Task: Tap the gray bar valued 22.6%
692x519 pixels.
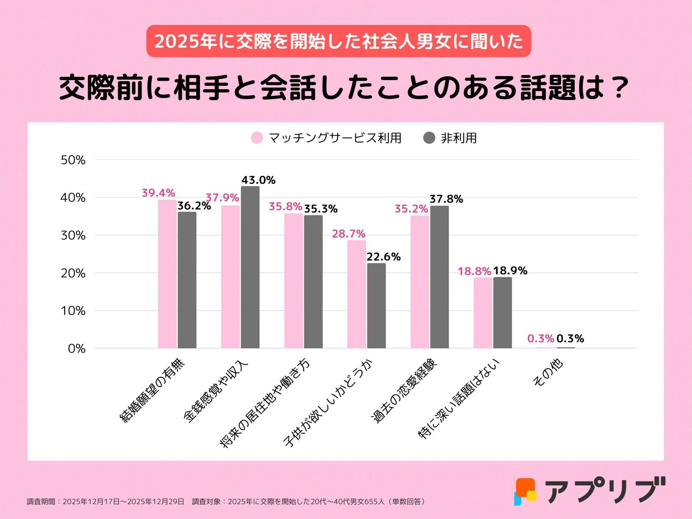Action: pyautogui.click(x=376, y=306)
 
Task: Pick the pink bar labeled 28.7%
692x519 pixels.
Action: pyautogui.click(x=356, y=294)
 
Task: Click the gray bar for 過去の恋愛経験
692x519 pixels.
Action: pyautogui.click(x=439, y=277)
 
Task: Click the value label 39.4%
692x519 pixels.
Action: pyautogui.click(x=158, y=193)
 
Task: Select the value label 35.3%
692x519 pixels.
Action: pyautogui.click(x=321, y=209)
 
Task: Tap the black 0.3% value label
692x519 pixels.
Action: pyautogui.click(x=570, y=338)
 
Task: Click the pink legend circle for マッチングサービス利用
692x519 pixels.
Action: pyautogui.click(x=257, y=138)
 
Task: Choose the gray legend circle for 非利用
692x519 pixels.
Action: pyautogui.click(x=429, y=138)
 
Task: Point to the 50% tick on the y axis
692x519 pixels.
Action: pyautogui.click(x=73, y=160)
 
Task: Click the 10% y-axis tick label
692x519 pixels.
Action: pyautogui.click(x=73, y=311)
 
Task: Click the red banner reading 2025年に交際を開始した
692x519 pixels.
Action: pyautogui.click(x=338, y=41)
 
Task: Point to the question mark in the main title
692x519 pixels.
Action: pyautogui.click(x=620, y=87)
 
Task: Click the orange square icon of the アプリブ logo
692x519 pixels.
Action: pyautogui.click(x=525, y=486)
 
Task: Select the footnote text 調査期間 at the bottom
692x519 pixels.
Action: pyautogui.click(x=41, y=501)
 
